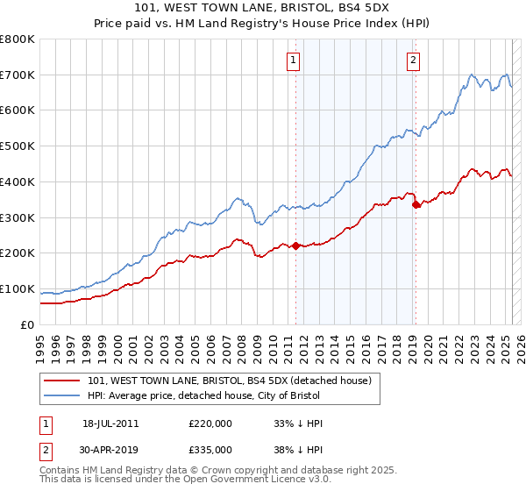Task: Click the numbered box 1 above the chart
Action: point(292,60)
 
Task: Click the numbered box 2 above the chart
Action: point(412,60)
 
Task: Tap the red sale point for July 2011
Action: point(295,245)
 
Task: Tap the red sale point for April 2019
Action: point(416,204)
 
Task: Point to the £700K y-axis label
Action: point(18,75)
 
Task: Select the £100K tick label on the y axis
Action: point(18,288)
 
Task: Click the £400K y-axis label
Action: point(18,181)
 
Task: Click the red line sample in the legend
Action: point(63,381)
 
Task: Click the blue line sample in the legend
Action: point(63,395)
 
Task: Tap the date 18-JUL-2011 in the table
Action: point(111,423)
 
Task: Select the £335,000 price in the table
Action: point(210,450)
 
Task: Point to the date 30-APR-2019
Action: point(111,450)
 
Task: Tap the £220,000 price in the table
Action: point(210,423)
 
